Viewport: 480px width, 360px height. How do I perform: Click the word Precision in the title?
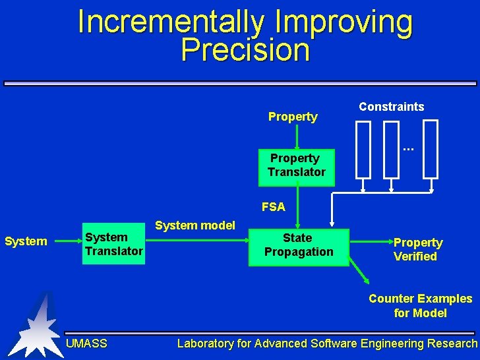[245, 50]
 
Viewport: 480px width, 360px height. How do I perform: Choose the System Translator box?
[113, 245]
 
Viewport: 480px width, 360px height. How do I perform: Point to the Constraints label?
[391, 107]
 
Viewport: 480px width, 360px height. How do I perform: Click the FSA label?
[273, 207]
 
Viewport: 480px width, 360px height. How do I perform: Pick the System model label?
[195, 225]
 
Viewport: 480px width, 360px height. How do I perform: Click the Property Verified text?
[417, 249]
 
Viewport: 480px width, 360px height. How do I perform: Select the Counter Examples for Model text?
[420, 306]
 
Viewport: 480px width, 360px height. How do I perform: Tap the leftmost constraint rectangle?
[363, 150]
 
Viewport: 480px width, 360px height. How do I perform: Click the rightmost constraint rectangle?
[431, 150]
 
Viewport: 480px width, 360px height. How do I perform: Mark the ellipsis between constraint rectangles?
[408, 149]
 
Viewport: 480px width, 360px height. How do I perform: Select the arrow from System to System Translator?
[67, 241]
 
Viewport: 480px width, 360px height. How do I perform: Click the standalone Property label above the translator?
[293, 117]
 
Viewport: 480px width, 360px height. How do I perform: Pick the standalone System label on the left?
[26, 241]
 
